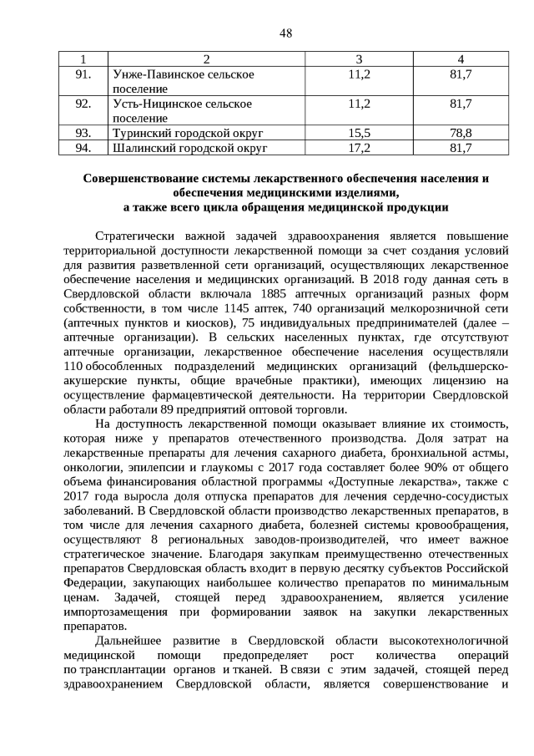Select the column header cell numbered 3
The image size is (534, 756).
coord(359,58)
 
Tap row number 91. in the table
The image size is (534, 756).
coord(83,75)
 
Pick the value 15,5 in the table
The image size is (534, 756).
coord(359,133)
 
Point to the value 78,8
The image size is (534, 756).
coord(461,133)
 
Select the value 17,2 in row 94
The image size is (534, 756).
coord(359,148)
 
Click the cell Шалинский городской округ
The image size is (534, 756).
coord(189,148)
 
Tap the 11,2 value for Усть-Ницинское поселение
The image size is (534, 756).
coord(359,104)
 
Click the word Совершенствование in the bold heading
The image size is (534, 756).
coord(144,178)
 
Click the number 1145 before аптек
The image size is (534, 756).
coord(239,307)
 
